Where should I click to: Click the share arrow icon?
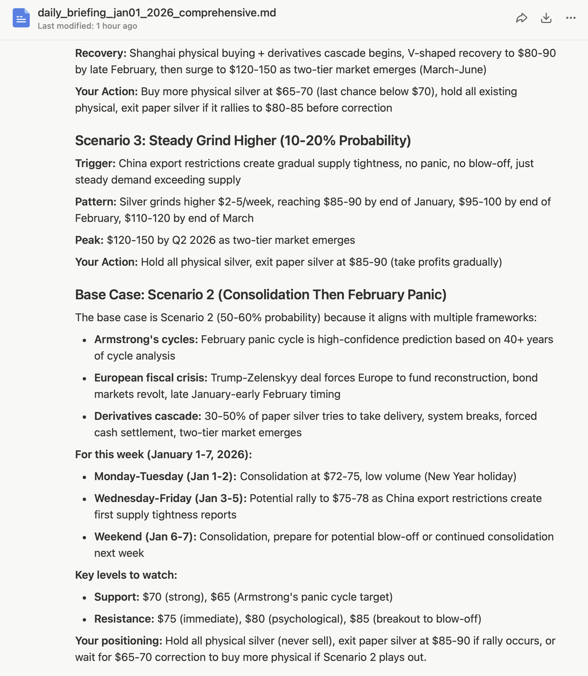[521, 18]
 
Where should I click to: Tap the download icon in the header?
[546, 18]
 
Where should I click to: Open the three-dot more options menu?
[571, 18]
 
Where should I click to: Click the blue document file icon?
[21, 18]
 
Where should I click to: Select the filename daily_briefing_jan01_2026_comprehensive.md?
[157, 13]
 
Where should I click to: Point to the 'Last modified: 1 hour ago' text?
[87, 26]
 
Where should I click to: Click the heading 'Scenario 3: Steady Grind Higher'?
[243, 141]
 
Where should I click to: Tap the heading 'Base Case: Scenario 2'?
[260, 295]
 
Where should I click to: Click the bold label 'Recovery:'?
[101, 53]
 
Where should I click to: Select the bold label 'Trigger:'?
[95, 164]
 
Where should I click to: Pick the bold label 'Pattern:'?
[95, 202]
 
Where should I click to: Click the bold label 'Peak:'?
[89, 240]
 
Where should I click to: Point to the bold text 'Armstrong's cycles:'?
[146, 340]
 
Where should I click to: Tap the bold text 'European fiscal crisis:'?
[151, 378]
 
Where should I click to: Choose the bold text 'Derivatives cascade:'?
[148, 416]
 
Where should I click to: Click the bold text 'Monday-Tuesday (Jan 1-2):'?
[165, 477]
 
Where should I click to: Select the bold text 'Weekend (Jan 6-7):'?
[145, 537]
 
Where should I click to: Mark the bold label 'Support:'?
[116, 597]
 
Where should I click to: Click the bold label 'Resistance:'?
[124, 619]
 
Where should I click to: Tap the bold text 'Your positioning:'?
[118, 641]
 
